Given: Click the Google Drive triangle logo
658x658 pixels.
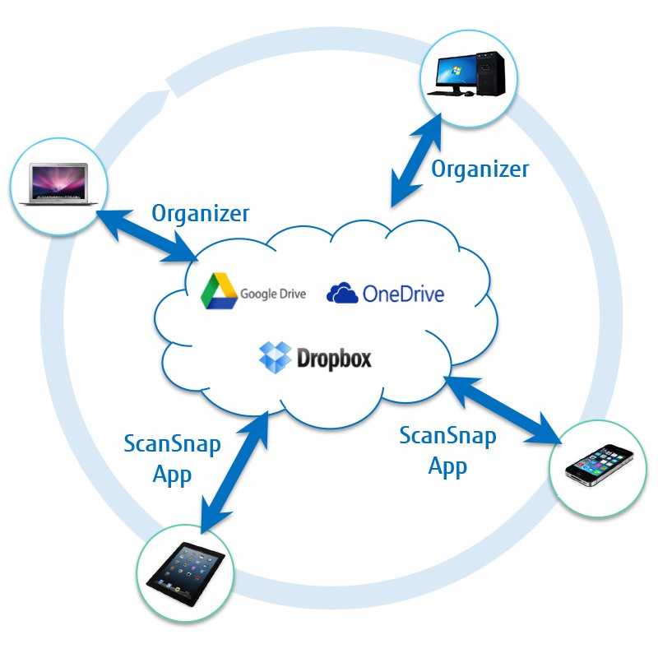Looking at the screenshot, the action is tap(219, 291).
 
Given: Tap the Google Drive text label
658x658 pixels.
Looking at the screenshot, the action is tap(273, 294).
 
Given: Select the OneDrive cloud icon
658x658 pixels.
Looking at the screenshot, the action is tap(342, 293).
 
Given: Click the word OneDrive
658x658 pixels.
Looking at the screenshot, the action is tap(403, 294).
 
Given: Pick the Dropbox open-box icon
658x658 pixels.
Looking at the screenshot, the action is tap(276, 357).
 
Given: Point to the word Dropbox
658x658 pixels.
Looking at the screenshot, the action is tap(335, 359).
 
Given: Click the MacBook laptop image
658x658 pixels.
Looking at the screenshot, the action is tap(58, 183).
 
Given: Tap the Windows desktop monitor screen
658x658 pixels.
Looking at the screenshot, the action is tap(456, 71).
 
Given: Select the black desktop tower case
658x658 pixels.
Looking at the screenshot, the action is tap(490, 73).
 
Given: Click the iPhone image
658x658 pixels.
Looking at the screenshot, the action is tap(599, 465).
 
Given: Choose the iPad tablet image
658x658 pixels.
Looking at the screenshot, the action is tap(186, 573).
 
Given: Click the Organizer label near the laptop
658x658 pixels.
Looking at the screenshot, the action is tap(200, 213).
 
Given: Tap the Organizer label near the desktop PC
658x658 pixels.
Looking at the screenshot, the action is tap(480, 169).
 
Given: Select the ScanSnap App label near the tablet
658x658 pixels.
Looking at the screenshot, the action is tap(172, 460).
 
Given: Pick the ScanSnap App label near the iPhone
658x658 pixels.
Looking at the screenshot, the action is tap(447, 451).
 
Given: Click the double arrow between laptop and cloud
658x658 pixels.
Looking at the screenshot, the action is tap(146, 236).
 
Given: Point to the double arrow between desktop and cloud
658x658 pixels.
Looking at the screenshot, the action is tap(416, 160).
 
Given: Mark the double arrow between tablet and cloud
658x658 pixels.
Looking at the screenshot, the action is tap(234, 472).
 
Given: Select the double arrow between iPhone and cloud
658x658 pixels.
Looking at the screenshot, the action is tap(503, 410).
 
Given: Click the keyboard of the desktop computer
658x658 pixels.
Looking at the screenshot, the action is tap(445, 93).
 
